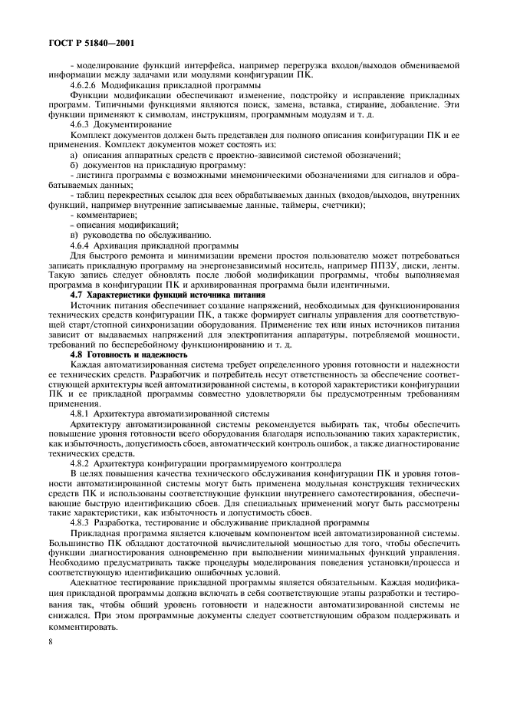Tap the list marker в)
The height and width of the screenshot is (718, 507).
(74, 234)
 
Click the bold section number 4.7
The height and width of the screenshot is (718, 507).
(77, 294)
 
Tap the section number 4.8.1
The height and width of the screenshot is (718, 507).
(82, 413)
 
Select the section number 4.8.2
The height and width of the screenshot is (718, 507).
(82, 463)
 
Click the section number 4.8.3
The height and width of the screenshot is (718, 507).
(82, 523)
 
